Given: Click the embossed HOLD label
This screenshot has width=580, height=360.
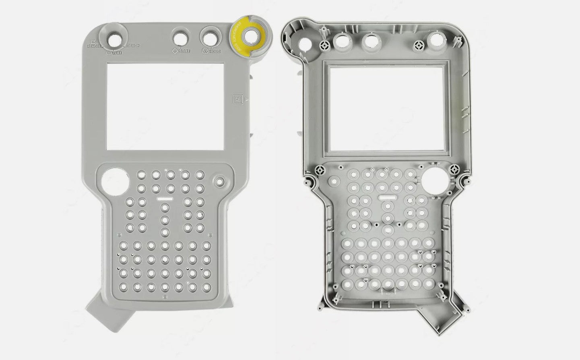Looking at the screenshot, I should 213,51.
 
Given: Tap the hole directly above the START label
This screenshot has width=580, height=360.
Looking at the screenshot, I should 181,38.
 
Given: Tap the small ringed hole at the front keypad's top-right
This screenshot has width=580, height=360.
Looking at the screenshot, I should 219,181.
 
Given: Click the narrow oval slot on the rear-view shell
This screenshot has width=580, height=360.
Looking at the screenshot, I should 388,198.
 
